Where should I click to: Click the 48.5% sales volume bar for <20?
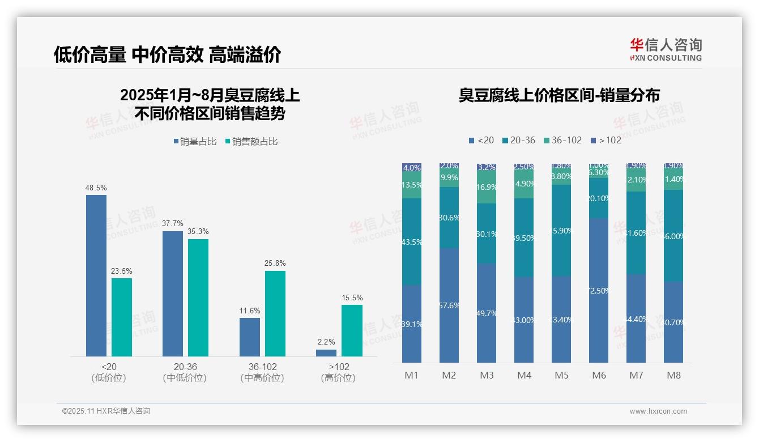pyautogui.click(x=96, y=275)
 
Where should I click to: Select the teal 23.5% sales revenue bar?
pyautogui.click(x=121, y=317)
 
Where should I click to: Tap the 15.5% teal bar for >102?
pyautogui.click(x=352, y=331)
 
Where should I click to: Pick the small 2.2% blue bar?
pyautogui.click(x=326, y=353)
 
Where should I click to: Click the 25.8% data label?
pyautogui.click(x=275, y=263)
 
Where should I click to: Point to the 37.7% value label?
pyautogui.click(x=173, y=223)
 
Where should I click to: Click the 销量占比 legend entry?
pyautogui.click(x=195, y=142)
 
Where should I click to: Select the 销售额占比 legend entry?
pyautogui.click(x=251, y=142)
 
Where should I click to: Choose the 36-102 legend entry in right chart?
pyautogui.click(x=562, y=140)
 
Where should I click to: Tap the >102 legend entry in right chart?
pyautogui.click(x=606, y=140)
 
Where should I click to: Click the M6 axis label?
pyautogui.click(x=599, y=375)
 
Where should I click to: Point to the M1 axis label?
pyautogui.click(x=411, y=375)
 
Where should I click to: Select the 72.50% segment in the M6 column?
pyautogui.click(x=599, y=290)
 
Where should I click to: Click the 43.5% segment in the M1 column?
pyautogui.click(x=411, y=241)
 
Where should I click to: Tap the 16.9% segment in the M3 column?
pyautogui.click(x=487, y=188)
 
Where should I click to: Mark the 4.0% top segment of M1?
pyautogui.click(x=411, y=168)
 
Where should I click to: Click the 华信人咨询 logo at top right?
pyautogui.click(x=666, y=49)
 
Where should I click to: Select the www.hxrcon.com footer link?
pyautogui.click(x=658, y=411)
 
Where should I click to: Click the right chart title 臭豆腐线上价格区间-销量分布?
pyautogui.click(x=559, y=95)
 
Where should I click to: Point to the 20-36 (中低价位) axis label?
pyautogui.click(x=185, y=372)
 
